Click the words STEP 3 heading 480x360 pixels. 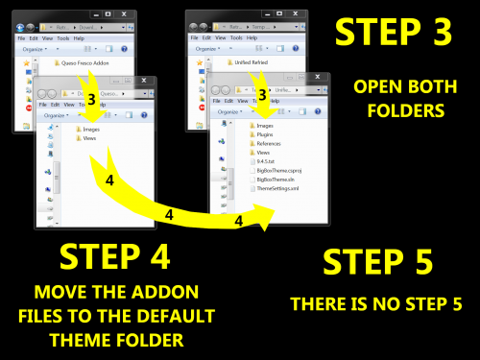pyautogui.click(x=393, y=33)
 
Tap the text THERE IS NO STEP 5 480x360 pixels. pyautogui.click(x=376, y=304)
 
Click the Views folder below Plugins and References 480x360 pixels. pyautogui.click(x=263, y=153)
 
